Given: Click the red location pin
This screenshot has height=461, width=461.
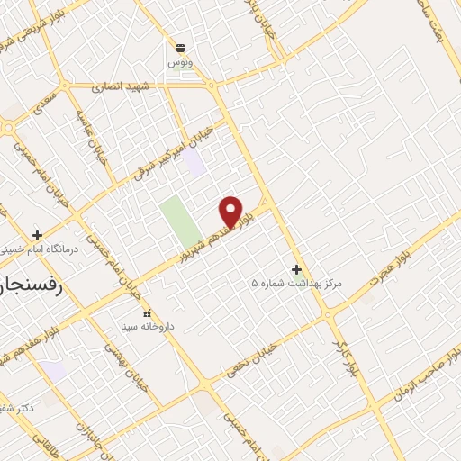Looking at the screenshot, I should pyautogui.click(x=231, y=211).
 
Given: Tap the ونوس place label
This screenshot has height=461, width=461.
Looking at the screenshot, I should pyautogui.click(x=180, y=63).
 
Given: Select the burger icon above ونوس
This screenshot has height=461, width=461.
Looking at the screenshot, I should pyautogui.click(x=180, y=48).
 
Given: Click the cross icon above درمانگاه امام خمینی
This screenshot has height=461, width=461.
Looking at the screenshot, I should pyautogui.click(x=37, y=235).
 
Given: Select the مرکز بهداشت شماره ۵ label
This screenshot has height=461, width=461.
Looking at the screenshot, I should pyautogui.click(x=296, y=284).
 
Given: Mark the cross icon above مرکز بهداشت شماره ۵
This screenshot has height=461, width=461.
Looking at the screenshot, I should pyautogui.click(x=296, y=269).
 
